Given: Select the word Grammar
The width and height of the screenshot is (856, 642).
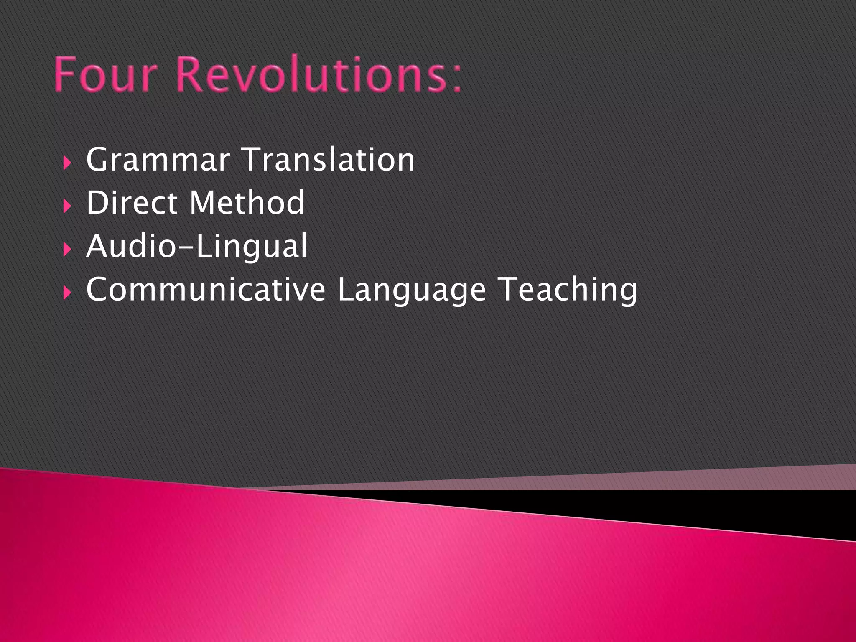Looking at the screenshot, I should click(158, 160).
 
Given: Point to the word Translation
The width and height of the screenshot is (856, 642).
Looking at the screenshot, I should click(329, 160).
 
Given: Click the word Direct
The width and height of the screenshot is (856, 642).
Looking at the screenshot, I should click(132, 203).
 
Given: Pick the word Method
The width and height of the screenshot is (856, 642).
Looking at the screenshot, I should click(247, 203).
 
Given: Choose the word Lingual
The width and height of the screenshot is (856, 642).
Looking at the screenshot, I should click(252, 247).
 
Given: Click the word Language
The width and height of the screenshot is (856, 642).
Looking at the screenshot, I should click(412, 290).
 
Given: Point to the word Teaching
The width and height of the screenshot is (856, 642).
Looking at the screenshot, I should click(568, 290).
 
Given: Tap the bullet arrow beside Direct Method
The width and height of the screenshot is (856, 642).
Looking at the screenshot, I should click(67, 206).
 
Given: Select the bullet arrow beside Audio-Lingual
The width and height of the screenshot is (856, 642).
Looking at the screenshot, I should click(67, 250).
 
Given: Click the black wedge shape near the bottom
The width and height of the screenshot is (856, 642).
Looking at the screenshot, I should click(711, 508).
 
